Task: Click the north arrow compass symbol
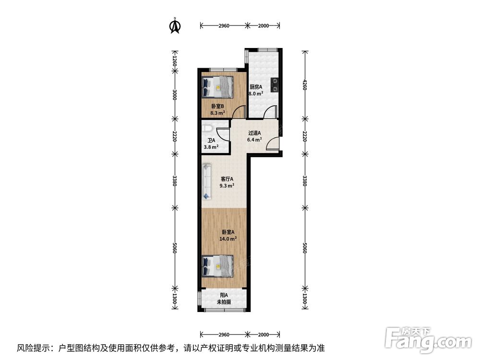point(175,26)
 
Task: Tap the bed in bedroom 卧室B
point(218,87)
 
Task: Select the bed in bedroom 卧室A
point(218,265)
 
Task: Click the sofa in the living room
point(207,181)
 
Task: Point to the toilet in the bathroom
point(207,129)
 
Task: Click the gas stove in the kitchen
point(275,85)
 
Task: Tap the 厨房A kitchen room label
point(256,87)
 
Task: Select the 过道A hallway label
point(254,133)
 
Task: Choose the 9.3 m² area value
point(227,186)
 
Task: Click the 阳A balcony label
point(224,295)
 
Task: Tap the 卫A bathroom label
point(211,141)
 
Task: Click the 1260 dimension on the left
point(175,61)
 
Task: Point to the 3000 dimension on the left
point(175,95)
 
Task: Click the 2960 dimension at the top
point(223,26)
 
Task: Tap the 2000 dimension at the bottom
point(263,334)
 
